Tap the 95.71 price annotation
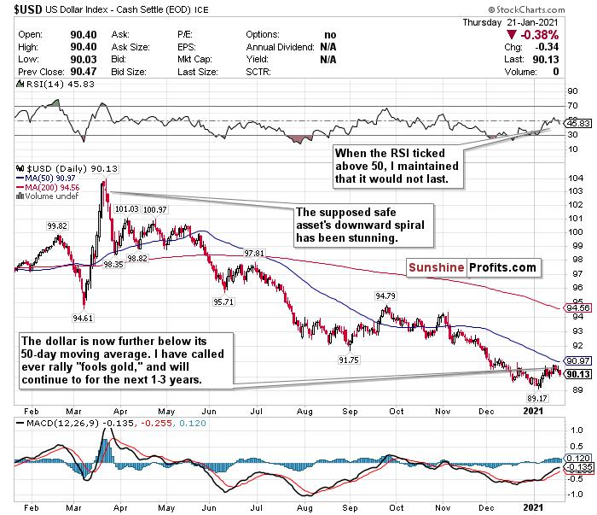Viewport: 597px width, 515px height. click(223, 301)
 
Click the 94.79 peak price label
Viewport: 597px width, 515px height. click(386, 296)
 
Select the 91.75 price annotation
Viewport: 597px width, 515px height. click(349, 360)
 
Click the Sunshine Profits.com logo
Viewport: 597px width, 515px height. click(477, 268)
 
